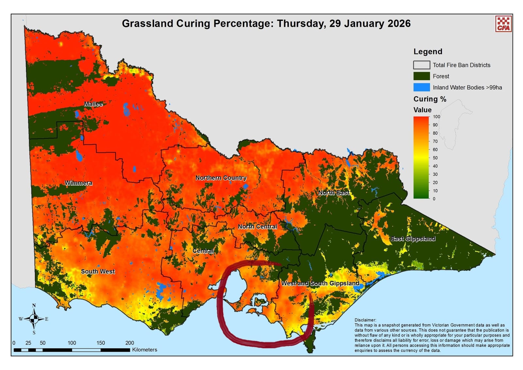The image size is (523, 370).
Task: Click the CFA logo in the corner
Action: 503,24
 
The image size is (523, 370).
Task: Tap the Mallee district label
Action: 93,104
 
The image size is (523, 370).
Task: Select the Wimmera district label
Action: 78,183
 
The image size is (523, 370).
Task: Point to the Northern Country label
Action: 221,178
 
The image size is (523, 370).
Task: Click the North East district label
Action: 334,193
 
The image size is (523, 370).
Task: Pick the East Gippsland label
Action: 413,238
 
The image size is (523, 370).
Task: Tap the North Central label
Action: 257,226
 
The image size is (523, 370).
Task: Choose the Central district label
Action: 203,251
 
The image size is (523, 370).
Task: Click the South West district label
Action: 98,272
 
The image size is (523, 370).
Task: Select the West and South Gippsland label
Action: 320,283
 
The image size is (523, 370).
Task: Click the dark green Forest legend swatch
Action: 421,76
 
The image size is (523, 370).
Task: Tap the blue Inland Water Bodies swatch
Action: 421,87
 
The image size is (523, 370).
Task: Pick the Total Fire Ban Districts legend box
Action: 421,65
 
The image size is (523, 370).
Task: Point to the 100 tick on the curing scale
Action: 436,117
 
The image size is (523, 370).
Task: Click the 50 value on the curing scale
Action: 435,158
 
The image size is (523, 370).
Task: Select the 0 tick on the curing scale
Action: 434,199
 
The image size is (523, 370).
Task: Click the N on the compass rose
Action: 34,306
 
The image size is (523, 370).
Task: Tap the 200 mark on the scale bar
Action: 129,343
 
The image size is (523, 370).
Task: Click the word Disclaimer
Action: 365,320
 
